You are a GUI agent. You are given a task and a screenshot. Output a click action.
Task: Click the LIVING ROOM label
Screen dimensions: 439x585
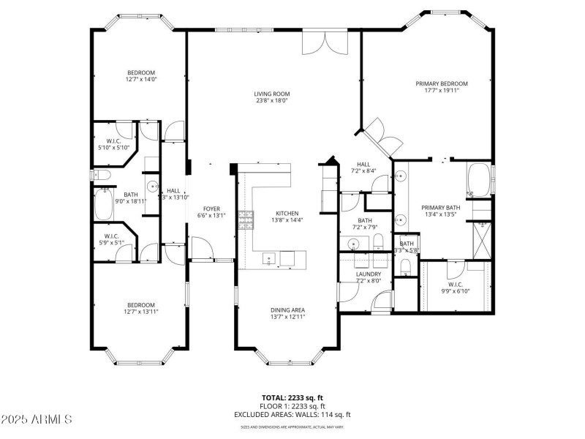[x=271, y=94]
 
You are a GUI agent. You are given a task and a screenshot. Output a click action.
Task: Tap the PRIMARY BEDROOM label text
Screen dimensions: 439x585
[x=442, y=84]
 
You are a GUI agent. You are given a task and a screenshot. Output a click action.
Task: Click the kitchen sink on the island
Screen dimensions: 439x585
[x=269, y=258]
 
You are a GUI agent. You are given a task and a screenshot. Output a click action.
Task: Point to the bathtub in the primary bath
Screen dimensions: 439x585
[x=480, y=181]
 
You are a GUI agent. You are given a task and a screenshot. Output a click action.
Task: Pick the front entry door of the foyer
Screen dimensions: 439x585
[x=202, y=253]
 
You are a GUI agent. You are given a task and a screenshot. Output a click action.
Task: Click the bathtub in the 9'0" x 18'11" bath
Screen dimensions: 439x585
[x=102, y=203]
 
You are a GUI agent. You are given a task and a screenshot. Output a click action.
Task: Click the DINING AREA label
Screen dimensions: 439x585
[x=287, y=309]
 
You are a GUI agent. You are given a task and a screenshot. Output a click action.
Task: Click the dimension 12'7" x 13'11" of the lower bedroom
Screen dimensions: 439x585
[x=141, y=312]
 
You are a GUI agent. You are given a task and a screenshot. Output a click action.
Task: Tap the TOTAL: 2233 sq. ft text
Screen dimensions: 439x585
[x=292, y=398]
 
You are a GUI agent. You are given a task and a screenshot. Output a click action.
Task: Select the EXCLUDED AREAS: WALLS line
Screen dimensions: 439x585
[x=292, y=414]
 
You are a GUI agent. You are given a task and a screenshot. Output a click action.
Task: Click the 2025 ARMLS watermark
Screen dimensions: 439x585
[x=37, y=420]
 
